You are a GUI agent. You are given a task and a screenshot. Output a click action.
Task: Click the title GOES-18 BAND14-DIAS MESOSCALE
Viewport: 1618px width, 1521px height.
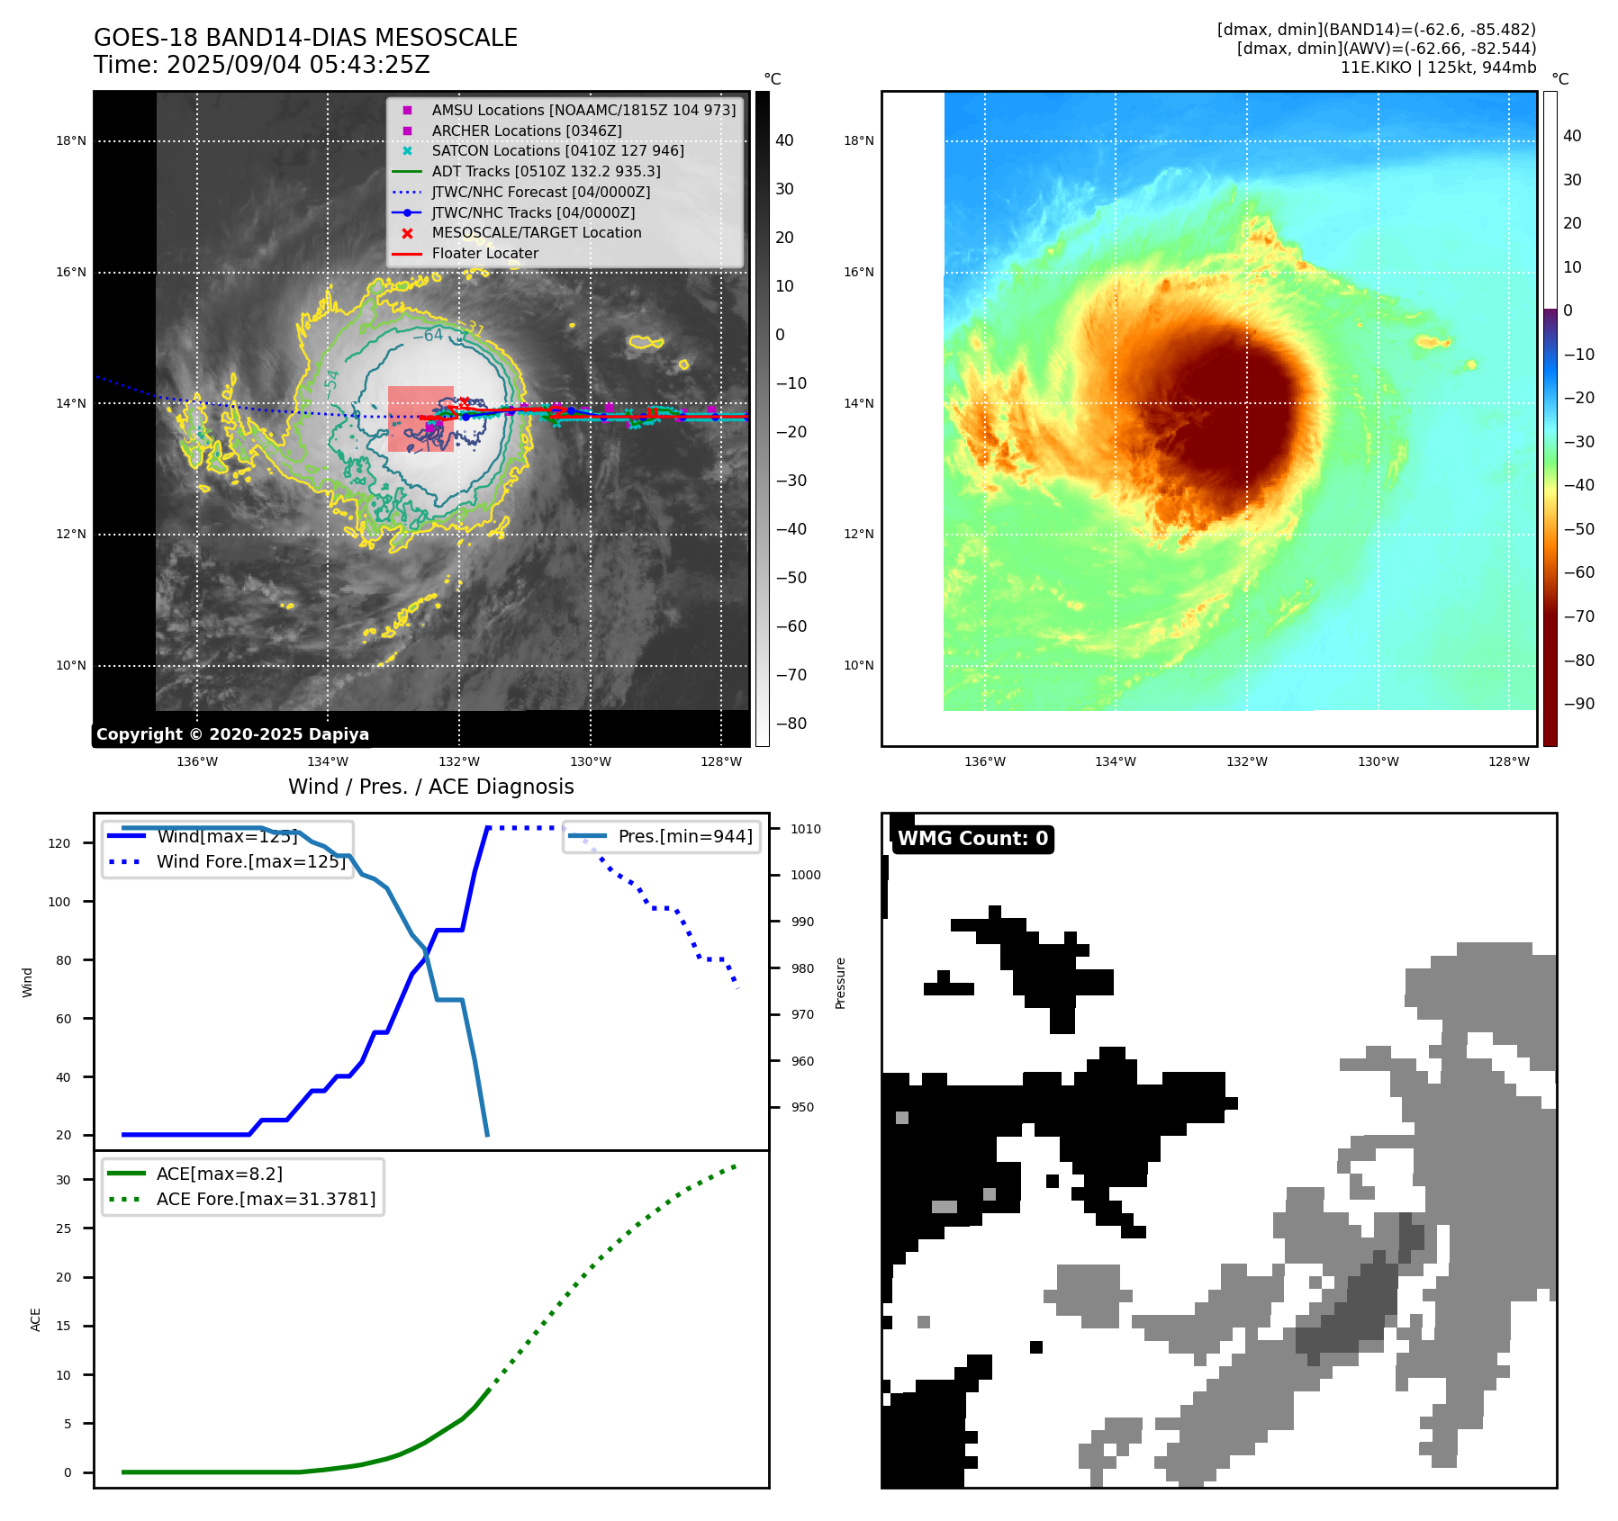coord(305,38)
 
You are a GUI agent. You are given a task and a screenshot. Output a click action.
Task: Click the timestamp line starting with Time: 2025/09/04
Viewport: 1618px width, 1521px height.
coord(261,65)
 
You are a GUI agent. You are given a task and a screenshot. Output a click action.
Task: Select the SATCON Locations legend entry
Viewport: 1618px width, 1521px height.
coord(557,150)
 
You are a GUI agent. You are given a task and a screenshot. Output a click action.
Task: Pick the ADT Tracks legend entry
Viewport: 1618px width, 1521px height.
coord(546,171)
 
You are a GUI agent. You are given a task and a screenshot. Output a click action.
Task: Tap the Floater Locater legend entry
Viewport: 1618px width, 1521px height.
coord(484,253)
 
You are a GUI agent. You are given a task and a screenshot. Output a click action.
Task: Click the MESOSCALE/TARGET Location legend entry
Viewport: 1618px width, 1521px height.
coord(536,232)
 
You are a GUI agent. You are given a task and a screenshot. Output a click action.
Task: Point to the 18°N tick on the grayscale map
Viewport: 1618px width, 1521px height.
coord(71,140)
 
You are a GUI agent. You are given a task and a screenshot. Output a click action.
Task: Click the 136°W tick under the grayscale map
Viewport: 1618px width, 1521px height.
coord(197,761)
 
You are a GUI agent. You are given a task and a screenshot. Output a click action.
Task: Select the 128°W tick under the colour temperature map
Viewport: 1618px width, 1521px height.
coord(1508,761)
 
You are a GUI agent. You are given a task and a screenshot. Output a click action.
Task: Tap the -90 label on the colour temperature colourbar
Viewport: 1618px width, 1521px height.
coord(1578,703)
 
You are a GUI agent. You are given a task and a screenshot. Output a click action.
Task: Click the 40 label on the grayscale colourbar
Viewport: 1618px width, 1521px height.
coord(784,140)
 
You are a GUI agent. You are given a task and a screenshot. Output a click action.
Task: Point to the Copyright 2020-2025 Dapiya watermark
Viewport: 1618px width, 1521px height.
coord(232,734)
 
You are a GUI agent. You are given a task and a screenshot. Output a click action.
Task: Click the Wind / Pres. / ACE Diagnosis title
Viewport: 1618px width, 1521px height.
coord(430,787)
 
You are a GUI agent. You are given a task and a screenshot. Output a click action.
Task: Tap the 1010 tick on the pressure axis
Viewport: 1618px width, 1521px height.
coord(806,829)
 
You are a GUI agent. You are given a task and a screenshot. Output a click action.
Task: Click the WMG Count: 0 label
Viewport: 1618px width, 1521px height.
coord(972,839)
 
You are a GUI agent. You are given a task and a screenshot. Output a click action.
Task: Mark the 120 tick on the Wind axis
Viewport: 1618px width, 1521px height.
coord(59,843)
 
